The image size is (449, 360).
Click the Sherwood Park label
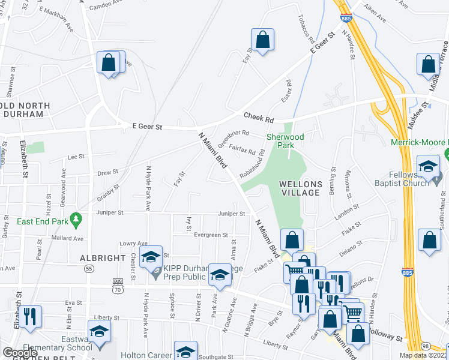pyautogui.click(x=285, y=141)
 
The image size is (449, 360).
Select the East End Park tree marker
pyautogui.click(x=76, y=220)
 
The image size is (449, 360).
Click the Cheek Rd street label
pyautogui.click(x=258, y=118)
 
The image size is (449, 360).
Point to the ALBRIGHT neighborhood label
pyautogui.click(x=102, y=258)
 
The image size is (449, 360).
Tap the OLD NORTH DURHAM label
pyautogui.click(x=25, y=110)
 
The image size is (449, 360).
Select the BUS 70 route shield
pyautogui.click(x=118, y=285)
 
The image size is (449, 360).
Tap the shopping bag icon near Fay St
pyautogui.click(x=262, y=41)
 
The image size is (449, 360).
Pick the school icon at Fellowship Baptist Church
pyautogui.click(x=429, y=167)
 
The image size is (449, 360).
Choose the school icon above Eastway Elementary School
pyautogui.click(x=100, y=332)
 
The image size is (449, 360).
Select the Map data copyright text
pyautogui.click(x=424, y=355)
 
